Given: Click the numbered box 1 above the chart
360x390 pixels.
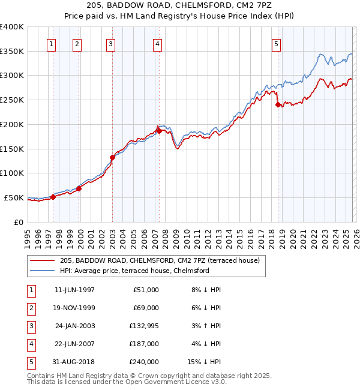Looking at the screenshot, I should tap(52, 43).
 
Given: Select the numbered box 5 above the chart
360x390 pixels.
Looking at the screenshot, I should tap(276, 43).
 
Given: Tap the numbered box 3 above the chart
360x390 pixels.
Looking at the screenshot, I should tap(111, 43).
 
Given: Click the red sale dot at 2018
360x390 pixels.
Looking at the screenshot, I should tap(278, 104).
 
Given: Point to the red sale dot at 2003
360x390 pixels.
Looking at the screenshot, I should tap(112, 157).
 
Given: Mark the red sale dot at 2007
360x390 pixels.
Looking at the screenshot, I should tap(159, 130).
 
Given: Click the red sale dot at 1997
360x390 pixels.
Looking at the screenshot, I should tap(53, 197).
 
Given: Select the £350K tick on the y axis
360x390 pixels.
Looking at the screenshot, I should tap(12, 51).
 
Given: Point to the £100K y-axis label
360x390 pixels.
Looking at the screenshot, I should tap(12, 173).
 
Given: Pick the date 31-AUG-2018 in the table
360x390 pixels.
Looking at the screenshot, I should tap(74, 361).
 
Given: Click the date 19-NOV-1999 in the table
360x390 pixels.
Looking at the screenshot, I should tap(74, 307).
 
